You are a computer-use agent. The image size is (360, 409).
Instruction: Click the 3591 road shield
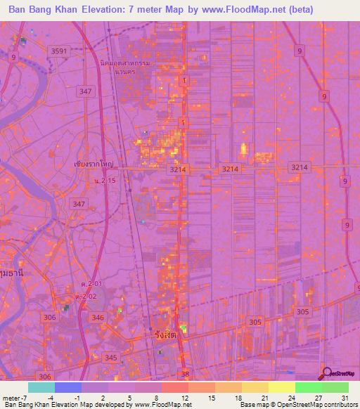pos(59,51)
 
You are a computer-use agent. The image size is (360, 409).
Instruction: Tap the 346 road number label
pos(98,318)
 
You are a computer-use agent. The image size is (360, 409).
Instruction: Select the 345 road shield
pos(111,358)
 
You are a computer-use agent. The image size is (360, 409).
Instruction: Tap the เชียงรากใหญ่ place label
pos(94,163)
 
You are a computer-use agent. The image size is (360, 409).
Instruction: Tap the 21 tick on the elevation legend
pos(265,398)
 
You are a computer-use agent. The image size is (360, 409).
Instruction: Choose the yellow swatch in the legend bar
pos(282,387)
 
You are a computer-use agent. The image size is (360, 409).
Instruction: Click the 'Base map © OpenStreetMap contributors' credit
pos(295,405)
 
